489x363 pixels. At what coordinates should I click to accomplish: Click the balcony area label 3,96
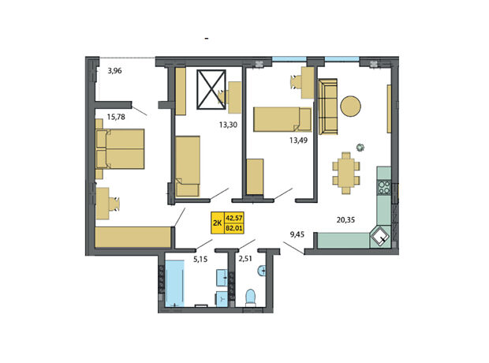tap(114, 71)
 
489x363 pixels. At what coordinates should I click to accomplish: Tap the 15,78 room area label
tap(116, 117)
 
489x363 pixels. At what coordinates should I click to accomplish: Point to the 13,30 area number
tap(228, 125)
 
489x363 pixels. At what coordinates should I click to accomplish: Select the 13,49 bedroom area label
tap(298, 140)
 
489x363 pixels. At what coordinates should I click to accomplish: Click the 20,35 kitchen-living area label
tap(345, 219)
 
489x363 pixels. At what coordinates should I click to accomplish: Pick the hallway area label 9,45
tap(297, 234)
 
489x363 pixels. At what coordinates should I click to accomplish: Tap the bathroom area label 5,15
tap(200, 259)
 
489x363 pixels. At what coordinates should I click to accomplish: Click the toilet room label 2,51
tap(245, 258)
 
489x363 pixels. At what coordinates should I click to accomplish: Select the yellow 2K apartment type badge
tap(218, 223)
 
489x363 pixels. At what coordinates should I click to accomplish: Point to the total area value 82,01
tap(234, 228)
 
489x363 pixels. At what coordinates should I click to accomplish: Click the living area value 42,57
tap(234, 217)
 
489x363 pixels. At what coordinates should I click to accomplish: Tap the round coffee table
tap(350, 106)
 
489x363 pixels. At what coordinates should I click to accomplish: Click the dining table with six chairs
tap(346, 173)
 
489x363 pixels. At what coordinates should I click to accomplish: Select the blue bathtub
tap(174, 283)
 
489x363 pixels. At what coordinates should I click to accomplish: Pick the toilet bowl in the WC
tap(251, 297)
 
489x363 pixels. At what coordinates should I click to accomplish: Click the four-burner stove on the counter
tap(384, 187)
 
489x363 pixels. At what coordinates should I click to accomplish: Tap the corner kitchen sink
tap(380, 236)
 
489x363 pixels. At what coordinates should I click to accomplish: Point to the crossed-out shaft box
tap(211, 90)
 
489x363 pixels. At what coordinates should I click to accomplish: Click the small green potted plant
tap(360, 147)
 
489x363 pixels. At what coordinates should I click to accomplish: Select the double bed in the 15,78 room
tap(120, 149)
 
